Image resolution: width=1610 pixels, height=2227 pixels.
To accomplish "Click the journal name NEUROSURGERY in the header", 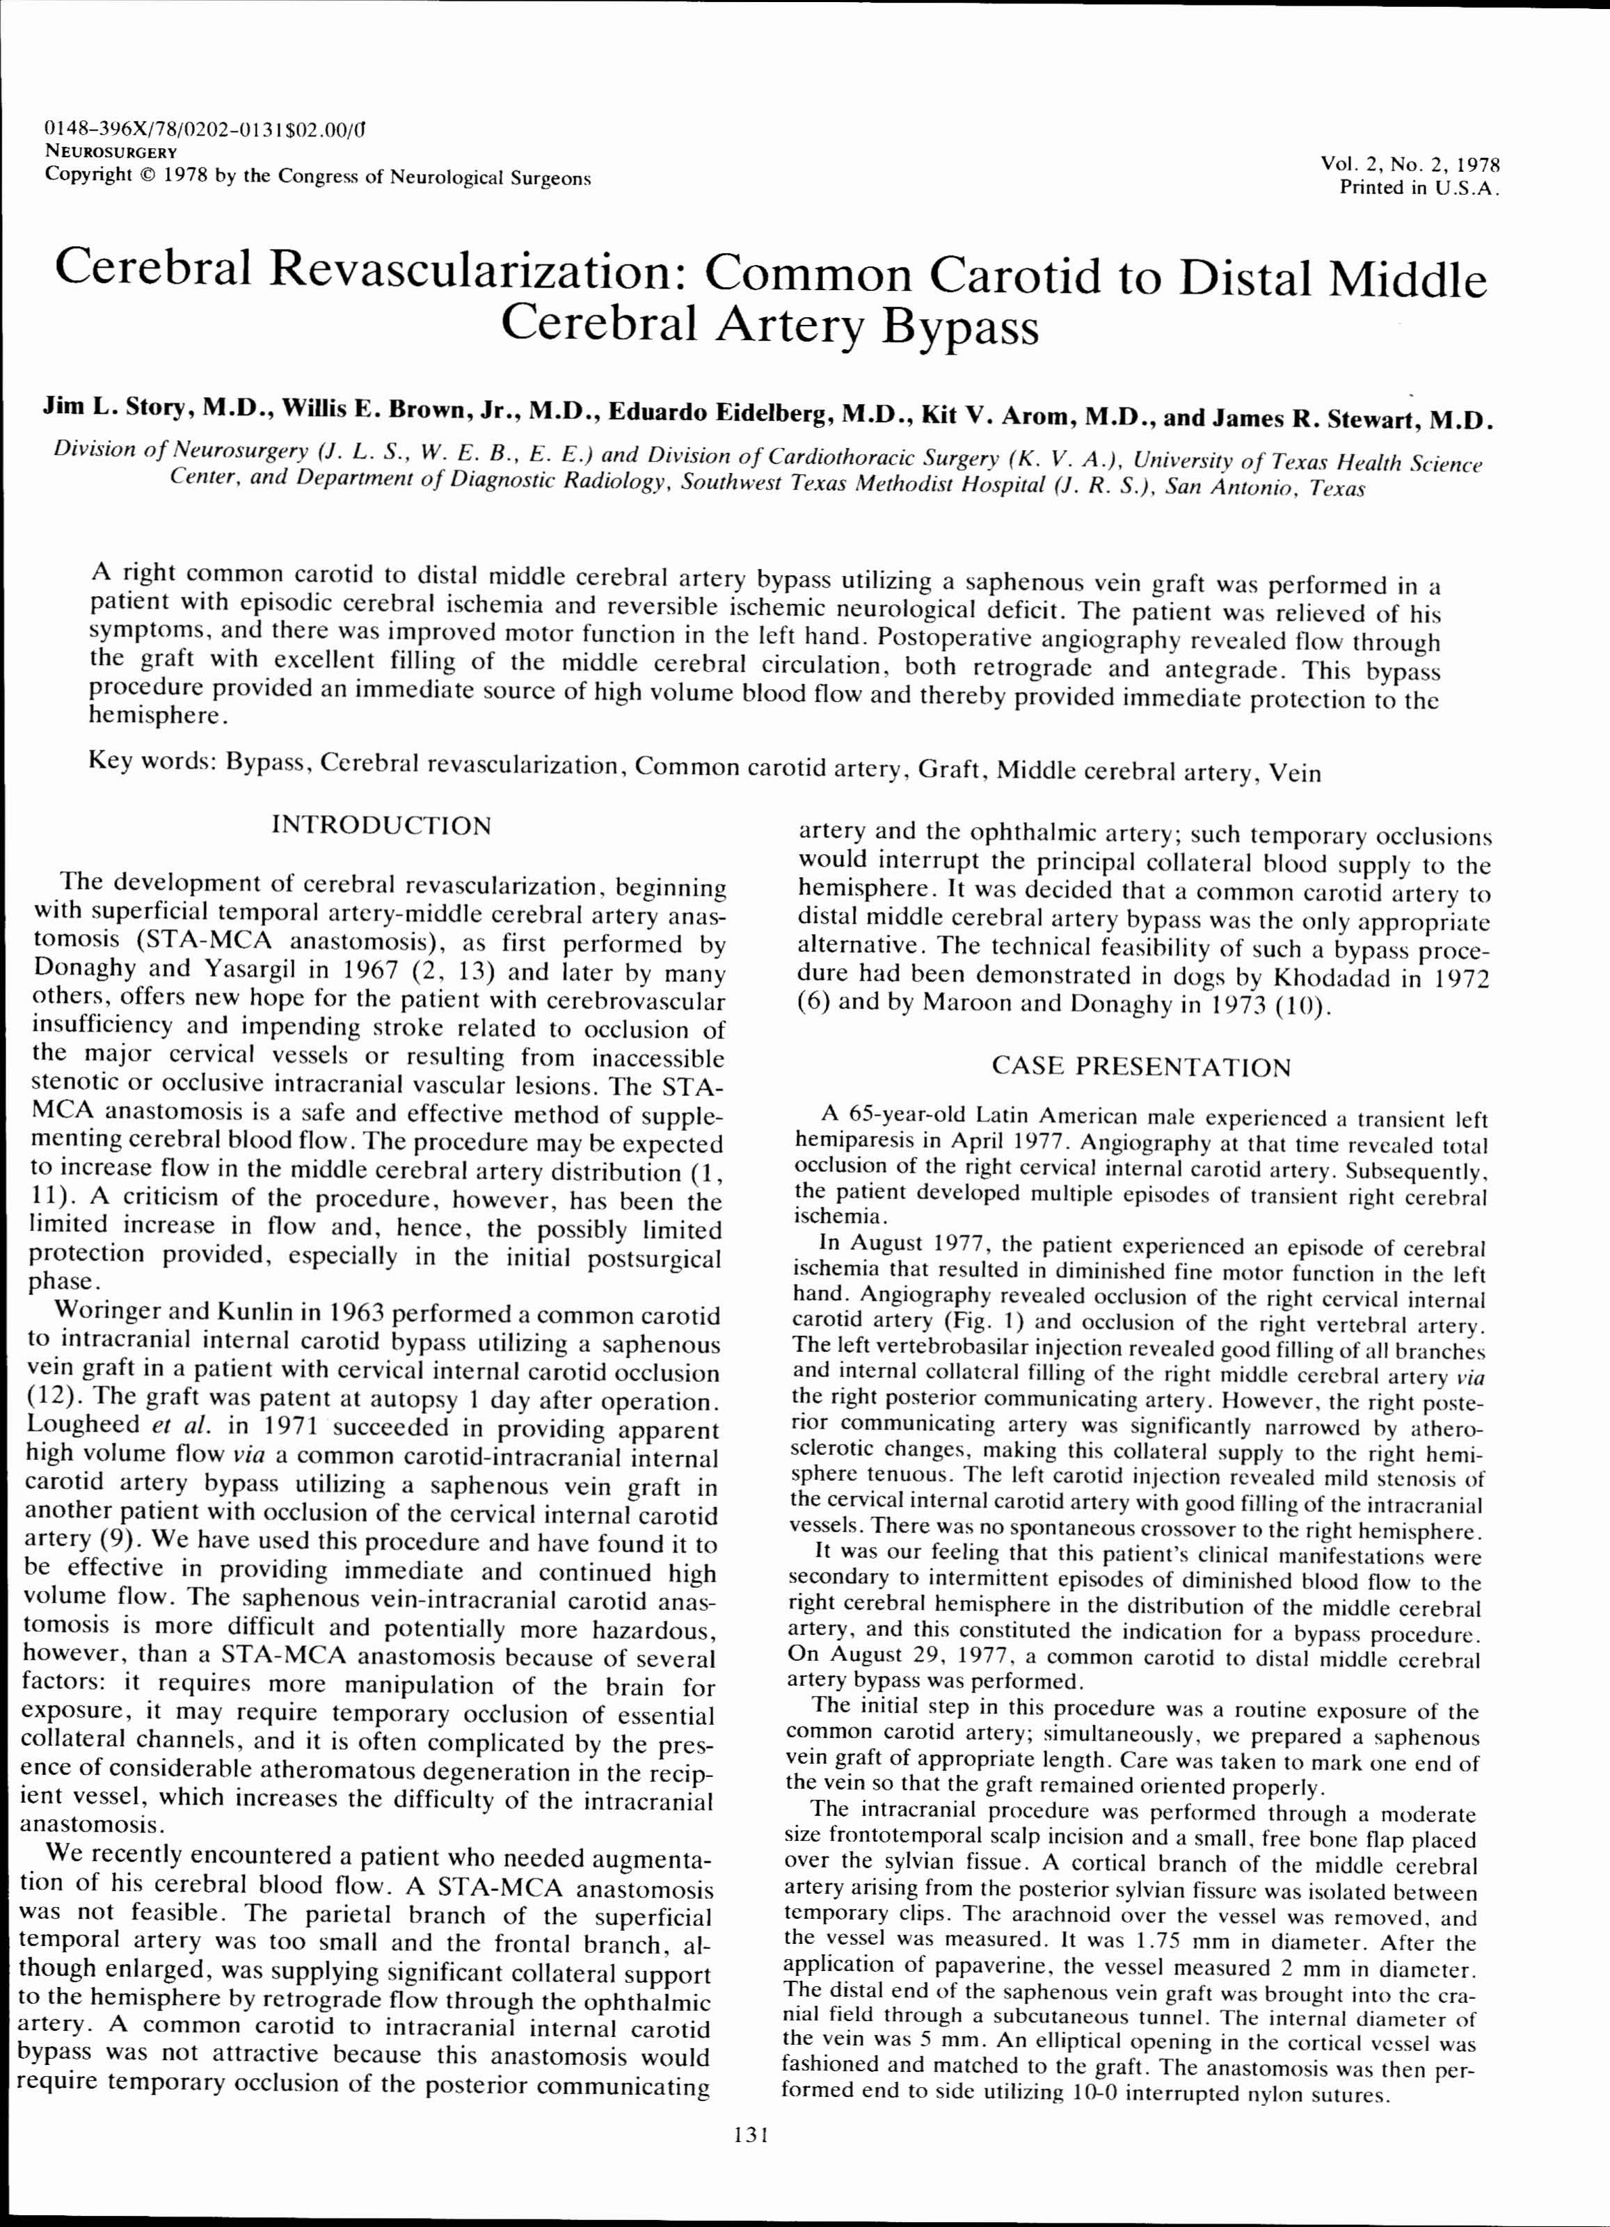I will pos(111,152).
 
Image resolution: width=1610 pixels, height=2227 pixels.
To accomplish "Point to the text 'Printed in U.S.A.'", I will pos(1419,188).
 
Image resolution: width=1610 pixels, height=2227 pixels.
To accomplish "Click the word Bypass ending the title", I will pos(959,327).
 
